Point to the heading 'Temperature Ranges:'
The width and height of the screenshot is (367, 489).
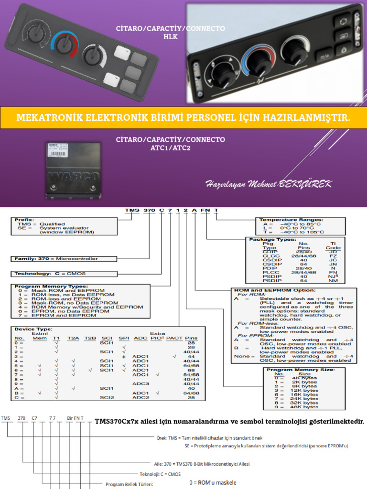pos(290,220)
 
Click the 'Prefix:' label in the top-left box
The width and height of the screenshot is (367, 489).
pos(24,220)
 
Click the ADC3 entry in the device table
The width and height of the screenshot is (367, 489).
pos(140,383)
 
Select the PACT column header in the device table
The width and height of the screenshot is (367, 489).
pos(175,338)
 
